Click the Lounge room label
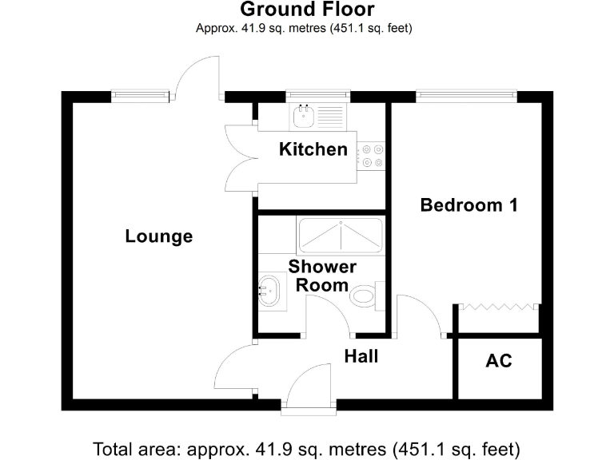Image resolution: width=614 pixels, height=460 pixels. pos(159,236)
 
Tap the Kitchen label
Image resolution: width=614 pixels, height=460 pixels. pos(313,149)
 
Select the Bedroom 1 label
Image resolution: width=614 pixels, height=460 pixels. pos(468,205)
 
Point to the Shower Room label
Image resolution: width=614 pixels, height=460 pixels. pos(322,276)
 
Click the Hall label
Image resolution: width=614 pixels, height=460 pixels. pos(361,356)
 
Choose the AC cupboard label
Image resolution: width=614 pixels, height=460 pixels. pos(499,361)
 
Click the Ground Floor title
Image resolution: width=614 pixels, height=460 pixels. pos(307,10)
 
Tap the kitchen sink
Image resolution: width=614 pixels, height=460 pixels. pos(305,117)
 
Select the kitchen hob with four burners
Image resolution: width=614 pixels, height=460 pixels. pos(371,155)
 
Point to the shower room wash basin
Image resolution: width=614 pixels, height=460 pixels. pos(269,290)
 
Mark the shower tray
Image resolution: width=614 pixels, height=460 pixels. pos(339,234)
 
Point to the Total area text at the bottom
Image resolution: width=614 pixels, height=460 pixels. pos(307,446)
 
